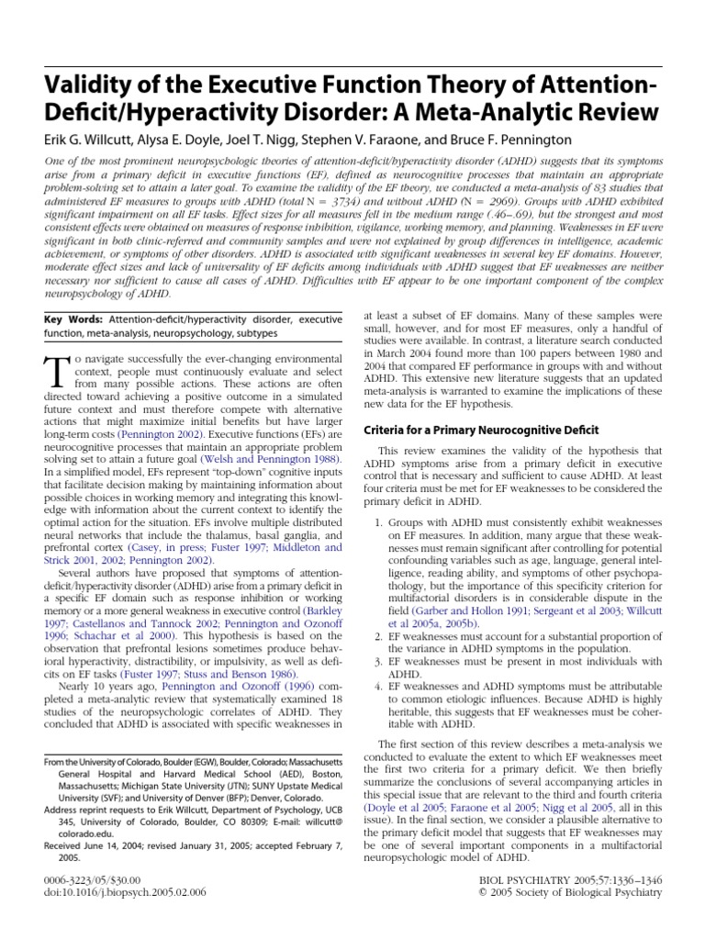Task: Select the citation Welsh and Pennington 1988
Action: click(x=275, y=458)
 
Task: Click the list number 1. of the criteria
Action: click(x=378, y=522)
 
